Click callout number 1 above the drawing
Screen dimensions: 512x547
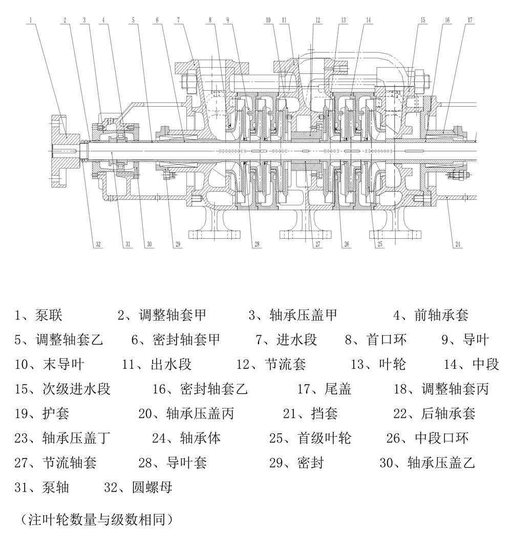click(31, 20)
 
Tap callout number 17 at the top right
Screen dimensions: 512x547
click(470, 20)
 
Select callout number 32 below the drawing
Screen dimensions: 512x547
click(98, 244)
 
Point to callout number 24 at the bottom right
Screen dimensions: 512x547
click(458, 244)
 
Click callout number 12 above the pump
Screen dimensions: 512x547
click(318, 20)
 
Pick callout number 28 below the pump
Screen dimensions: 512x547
click(257, 244)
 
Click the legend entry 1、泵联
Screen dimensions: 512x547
click(38, 315)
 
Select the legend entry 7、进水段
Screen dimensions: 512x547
click(286, 340)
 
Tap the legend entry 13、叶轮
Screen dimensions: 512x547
click(378, 364)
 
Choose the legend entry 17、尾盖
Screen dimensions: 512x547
click(324, 389)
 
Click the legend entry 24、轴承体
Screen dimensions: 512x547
click(186, 438)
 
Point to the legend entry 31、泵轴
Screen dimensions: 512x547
click(42, 487)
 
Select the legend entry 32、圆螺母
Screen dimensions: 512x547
click(138, 487)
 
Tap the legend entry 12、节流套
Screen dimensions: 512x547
click(271, 364)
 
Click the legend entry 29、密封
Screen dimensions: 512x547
click(296, 462)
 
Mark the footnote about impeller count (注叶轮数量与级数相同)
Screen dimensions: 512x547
click(97, 519)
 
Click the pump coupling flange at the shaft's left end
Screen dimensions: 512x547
click(64, 151)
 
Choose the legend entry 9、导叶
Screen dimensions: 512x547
click(465, 340)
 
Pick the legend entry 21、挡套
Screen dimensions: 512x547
click(310, 413)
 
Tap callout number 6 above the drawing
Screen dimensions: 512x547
click(157, 20)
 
